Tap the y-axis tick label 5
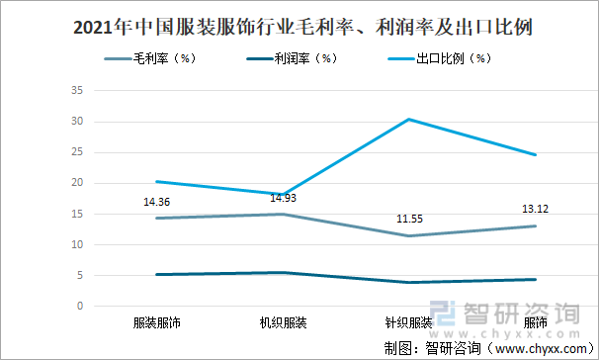point(79,275)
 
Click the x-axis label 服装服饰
point(157,323)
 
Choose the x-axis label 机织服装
point(283,323)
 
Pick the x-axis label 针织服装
point(408,323)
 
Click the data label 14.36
point(158,203)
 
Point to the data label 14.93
point(283,198)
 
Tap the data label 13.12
point(534,209)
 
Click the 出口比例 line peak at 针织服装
point(408,120)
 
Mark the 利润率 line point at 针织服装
point(408,283)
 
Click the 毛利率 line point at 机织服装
point(283,215)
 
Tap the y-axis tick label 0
point(79,306)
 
